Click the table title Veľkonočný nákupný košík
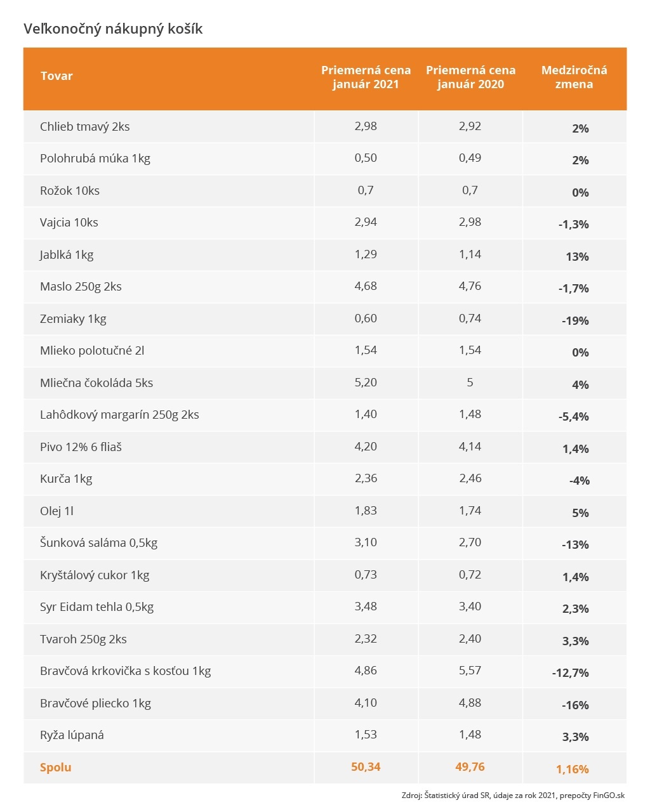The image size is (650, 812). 113,29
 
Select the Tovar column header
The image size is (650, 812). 56,76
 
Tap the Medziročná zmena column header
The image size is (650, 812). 574,77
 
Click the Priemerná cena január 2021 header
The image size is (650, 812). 366,77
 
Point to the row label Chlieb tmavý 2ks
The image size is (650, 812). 84,127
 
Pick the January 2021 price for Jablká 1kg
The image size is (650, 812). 366,254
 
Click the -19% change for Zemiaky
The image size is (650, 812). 575,321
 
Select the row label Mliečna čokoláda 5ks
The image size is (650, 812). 96,383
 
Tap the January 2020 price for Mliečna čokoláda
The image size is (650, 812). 470,383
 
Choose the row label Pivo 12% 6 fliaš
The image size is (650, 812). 81,447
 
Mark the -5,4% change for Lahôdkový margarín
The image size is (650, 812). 574,417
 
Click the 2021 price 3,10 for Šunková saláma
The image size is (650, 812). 366,542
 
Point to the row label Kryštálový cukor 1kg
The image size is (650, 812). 95,575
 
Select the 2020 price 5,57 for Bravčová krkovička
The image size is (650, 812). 470,671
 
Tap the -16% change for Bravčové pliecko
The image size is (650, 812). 575,705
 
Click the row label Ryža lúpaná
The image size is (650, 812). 72,735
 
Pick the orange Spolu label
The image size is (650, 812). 56,768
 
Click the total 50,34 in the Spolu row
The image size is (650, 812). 366,767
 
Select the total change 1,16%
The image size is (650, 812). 573,769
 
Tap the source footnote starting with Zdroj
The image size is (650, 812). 513,796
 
